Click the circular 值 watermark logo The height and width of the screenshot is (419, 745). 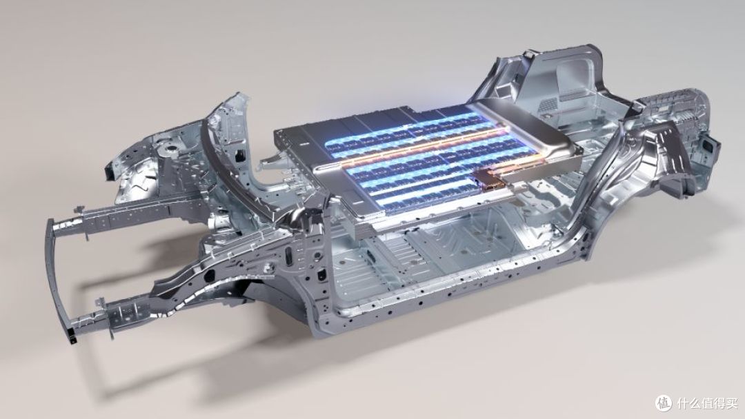point(664,403)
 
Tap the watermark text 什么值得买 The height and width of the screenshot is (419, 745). point(707,404)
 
